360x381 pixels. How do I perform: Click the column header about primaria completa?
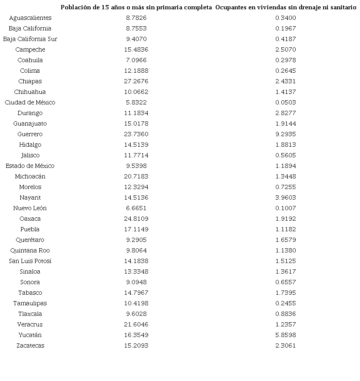(x=136, y=8)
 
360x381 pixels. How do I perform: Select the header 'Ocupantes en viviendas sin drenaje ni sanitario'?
(x=286, y=8)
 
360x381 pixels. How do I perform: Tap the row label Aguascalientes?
(x=30, y=18)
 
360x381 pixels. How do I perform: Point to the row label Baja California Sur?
(x=30, y=39)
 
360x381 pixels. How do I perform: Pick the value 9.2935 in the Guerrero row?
(x=286, y=134)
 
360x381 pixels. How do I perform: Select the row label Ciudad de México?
(x=30, y=102)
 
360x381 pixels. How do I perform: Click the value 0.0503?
(x=286, y=102)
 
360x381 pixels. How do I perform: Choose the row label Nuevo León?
(x=30, y=208)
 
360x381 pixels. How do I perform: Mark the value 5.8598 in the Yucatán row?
(x=286, y=335)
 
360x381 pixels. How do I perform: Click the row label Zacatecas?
(x=30, y=345)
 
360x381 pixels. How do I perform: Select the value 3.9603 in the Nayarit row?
(x=286, y=197)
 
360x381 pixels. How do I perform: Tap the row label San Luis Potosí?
(x=30, y=261)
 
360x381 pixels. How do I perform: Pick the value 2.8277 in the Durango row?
(x=286, y=113)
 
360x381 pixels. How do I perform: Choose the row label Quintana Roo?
(x=30, y=250)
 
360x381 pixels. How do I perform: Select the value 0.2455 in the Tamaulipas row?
(x=286, y=303)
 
